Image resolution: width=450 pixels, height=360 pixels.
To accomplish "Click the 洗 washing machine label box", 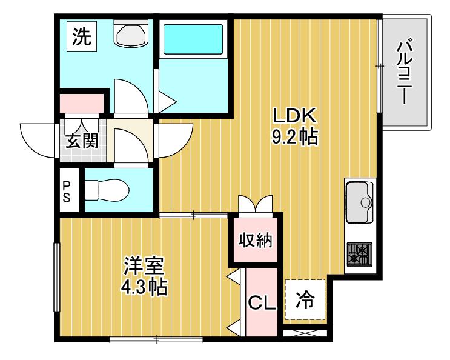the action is click(x=82, y=37).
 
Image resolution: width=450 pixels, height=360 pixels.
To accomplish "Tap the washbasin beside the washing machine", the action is click(x=131, y=33).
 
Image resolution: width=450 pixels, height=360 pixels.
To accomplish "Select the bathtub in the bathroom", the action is click(x=193, y=39).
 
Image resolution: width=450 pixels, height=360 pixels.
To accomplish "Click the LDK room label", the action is click(x=294, y=116).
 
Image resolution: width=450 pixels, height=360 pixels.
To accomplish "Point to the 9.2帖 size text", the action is click(x=294, y=136).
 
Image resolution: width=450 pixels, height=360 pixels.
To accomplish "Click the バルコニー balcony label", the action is click(x=405, y=72).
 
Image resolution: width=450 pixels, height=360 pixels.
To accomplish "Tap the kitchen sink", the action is click(x=360, y=202).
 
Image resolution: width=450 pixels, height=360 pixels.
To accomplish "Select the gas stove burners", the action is click(x=360, y=255).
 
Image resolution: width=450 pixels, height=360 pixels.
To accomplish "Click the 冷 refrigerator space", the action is click(x=305, y=299).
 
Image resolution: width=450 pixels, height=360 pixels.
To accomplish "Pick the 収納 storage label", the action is click(x=256, y=240).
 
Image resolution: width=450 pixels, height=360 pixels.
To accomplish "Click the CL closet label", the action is click(x=262, y=302).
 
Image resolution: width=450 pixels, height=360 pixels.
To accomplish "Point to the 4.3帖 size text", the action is click(x=144, y=287).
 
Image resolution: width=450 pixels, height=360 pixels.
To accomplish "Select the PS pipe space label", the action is click(x=67, y=191).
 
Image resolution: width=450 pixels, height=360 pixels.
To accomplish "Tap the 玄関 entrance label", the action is click(x=82, y=141).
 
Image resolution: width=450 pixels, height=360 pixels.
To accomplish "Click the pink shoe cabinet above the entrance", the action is click(x=82, y=103).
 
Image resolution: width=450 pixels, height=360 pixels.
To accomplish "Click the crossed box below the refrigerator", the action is click(x=305, y=333).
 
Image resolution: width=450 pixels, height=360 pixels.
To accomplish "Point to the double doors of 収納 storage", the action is click(x=255, y=205).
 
